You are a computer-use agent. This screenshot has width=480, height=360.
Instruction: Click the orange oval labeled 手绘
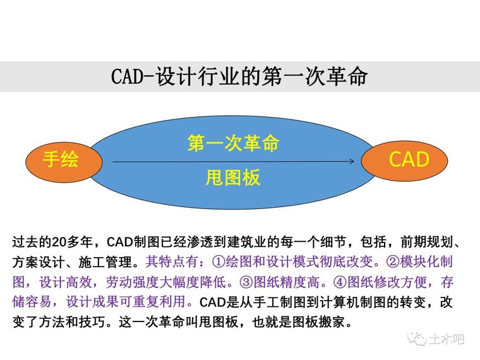click(64, 162)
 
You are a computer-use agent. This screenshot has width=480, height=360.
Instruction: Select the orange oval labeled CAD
click(404, 160)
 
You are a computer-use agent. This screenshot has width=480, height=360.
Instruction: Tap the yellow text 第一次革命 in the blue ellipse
click(233, 143)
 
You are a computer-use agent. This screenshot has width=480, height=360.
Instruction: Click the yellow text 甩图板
click(233, 177)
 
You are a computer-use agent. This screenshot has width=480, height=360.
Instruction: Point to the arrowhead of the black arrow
click(352, 161)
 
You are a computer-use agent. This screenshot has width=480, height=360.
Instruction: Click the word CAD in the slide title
click(127, 76)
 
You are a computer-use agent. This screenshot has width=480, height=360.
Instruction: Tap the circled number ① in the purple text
click(219, 262)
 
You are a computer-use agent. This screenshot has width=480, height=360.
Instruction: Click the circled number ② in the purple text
click(393, 262)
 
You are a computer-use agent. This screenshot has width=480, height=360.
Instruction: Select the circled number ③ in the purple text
click(246, 282)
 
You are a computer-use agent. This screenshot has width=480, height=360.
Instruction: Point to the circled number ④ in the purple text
click(340, 282)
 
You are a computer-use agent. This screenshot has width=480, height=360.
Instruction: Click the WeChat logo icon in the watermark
click(417, 339)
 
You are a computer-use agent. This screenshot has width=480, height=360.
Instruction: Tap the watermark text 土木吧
click(447, 339)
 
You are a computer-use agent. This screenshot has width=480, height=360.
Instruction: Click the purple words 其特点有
click(172, 262)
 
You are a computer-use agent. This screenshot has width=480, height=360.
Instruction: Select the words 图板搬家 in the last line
click(319, 322)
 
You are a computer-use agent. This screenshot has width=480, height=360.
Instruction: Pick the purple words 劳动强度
click(132, 282)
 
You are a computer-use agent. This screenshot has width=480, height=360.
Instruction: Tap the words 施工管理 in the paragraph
click(105, 262)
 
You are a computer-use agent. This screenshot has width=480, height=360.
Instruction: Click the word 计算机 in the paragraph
click(339, 302)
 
